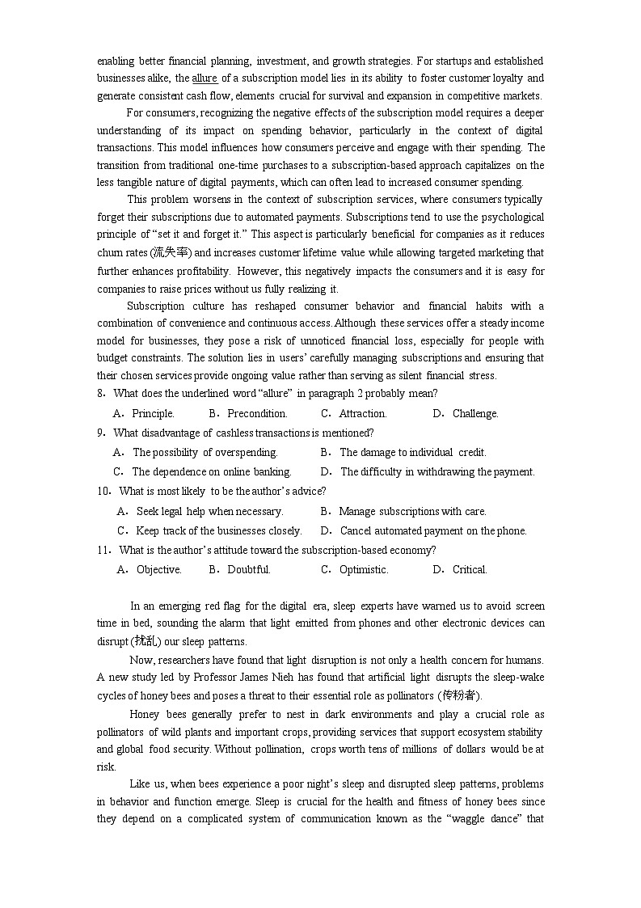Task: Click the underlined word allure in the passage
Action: click(205, 78)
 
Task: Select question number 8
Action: click(101, 394)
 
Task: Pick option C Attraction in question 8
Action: click(362, 414)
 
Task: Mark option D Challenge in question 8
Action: click(475, 414)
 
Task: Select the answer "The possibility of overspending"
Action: click(205, 453)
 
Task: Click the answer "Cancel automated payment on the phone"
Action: click(433, 531)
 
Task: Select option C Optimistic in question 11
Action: click(364, 570)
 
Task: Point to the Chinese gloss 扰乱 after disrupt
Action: click(145, 642)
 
